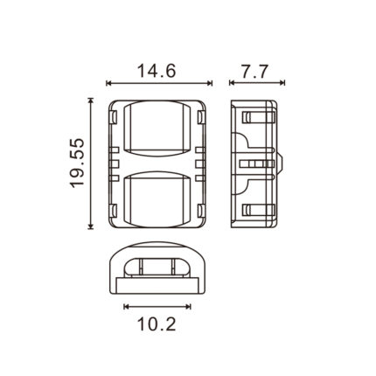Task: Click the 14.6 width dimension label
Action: pyautogui.click(x=157, y=71)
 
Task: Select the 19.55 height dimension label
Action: pyautogui.click(x=77, y=164)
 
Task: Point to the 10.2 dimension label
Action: pyautogui.click(x=157, y=324)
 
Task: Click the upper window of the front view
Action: pyautogui.click(x=157, y=129)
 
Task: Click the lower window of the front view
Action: pyautogui.click(x=157, y=199)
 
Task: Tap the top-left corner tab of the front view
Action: pyautogui.click(x=115, y=117)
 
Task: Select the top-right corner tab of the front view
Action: pyautogui.click(x=200, y=117)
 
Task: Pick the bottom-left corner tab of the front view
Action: pyautogui.click(x=115, y=211)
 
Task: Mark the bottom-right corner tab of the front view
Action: pyautogui.click(x=200, y=211)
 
